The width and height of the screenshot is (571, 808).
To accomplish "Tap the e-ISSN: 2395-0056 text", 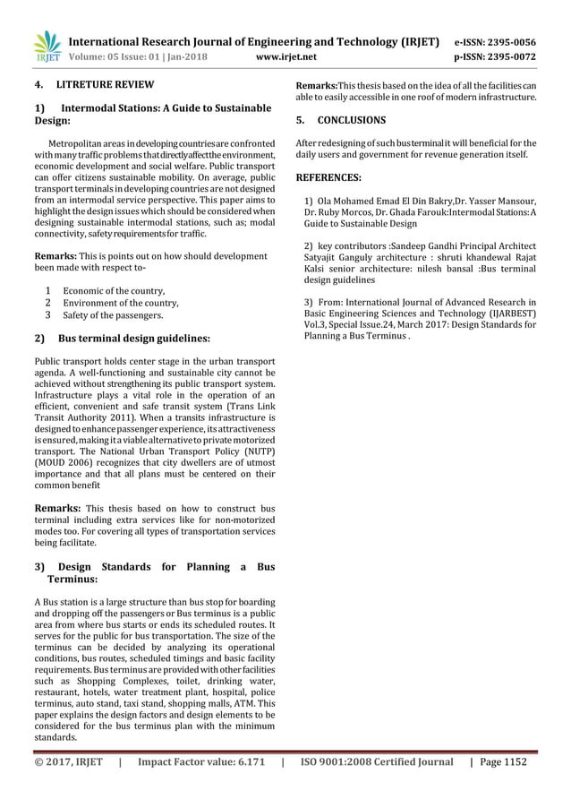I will click(495, 41).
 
